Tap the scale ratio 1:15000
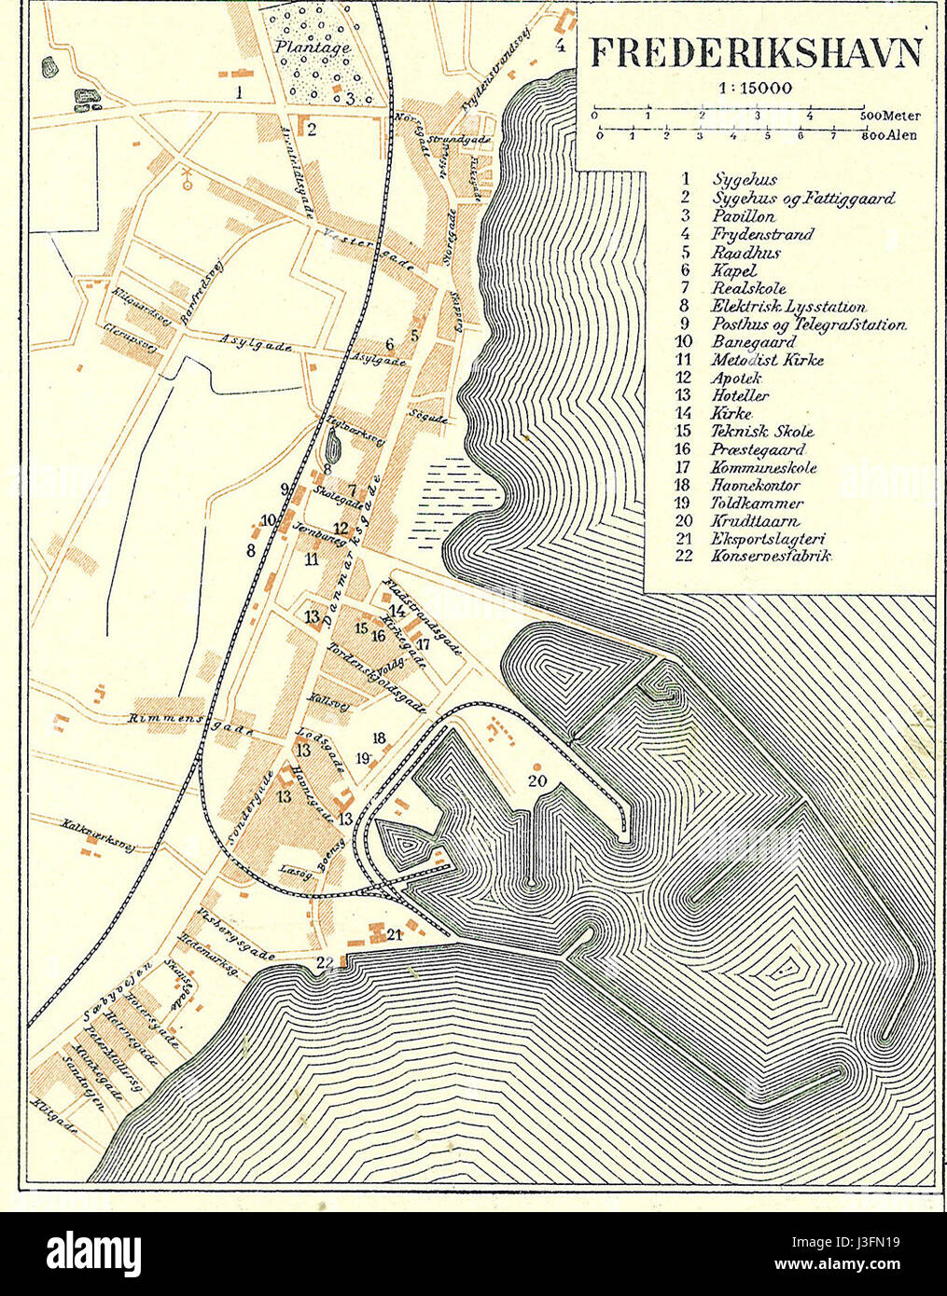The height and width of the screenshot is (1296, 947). (x=755, y=90)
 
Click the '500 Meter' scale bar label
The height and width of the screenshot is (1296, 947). (x=890, y=117)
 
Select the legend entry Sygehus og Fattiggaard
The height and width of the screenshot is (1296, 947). (x=802, y=198)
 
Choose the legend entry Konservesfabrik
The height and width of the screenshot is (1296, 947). (x=771, y=556)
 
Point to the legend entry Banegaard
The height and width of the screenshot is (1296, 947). (x=754, y=341)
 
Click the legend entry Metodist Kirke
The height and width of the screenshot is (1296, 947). (x=767, y=360)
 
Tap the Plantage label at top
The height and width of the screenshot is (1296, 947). (x=313, y=47)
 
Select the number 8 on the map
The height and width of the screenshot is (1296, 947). (x=250, y=550)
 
